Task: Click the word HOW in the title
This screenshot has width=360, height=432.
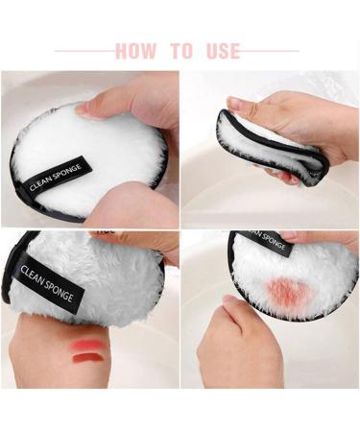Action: (x=137, y=51)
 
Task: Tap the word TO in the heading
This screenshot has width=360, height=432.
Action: (x=180, y=51)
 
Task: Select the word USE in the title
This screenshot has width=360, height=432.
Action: (x=223, y=51)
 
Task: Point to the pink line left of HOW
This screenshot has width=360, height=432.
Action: (x=84, y=51)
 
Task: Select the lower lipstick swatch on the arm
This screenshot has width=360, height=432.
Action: (x=87, y=358)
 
